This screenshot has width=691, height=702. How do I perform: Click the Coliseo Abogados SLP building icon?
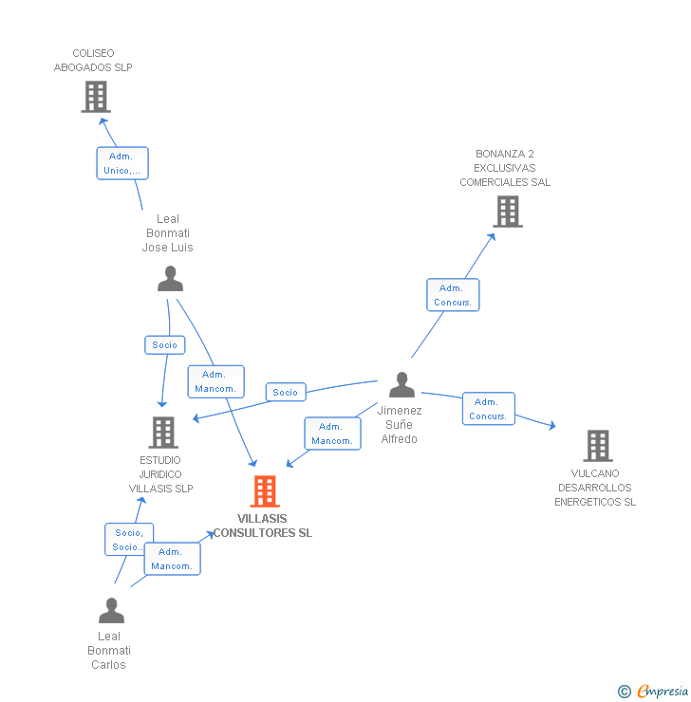point(95,97)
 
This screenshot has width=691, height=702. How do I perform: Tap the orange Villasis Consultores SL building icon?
point(265,491)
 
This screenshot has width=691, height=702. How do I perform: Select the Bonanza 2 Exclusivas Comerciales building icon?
point(508,212)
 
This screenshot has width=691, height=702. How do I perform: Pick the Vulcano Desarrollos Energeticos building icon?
point(597,445)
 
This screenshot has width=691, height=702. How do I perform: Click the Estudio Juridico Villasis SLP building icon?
point(163,433)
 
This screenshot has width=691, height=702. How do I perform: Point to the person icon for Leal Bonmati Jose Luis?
point(170,279)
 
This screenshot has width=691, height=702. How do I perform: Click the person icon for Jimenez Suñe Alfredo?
point(402,385)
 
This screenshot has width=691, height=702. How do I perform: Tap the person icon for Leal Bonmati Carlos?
point(111,611)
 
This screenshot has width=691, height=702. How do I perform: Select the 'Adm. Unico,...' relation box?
point(122,163)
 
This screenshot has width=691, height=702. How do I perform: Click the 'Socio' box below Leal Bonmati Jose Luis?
point(164,345)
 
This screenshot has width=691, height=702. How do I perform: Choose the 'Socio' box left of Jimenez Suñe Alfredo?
point(285,392)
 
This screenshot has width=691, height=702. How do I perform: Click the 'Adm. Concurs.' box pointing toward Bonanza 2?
point(453,295)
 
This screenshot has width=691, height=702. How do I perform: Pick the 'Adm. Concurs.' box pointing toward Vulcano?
point(488,409)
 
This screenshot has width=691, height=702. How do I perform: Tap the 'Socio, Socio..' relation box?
point(128,540)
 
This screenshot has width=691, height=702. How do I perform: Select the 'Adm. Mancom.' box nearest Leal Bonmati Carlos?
point(172,559)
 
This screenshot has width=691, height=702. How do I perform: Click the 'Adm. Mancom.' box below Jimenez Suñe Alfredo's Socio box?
point(332,434)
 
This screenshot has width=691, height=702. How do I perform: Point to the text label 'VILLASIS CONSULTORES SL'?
point(263,526)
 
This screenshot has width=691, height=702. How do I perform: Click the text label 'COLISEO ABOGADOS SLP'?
point(93,61)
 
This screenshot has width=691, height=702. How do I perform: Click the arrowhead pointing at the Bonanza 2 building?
point(492,236)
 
